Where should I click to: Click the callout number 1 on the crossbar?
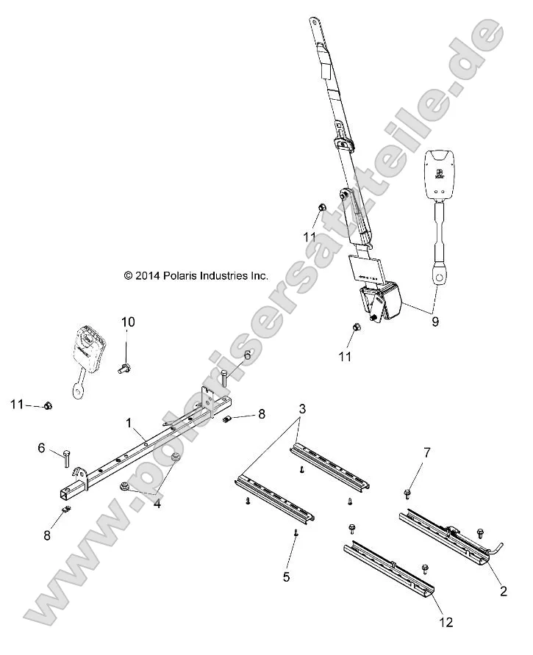tap(129, 423)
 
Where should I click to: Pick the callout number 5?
tap(286, 576)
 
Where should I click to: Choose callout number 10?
tap(128, 322)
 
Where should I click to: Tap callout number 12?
tap(446, 623)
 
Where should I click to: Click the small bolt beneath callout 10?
tap(124, 369)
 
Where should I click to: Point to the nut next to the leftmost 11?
tap(47, 405)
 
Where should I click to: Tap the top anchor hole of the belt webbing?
tap(314, 23)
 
